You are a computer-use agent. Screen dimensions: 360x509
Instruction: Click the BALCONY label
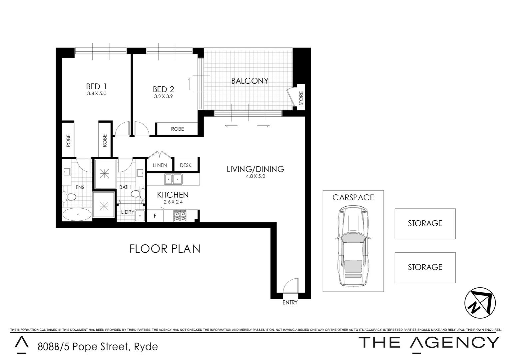(250, 81)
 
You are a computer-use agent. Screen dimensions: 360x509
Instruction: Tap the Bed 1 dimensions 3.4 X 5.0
(97, 94)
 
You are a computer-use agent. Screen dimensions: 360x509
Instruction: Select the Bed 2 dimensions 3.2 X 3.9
(163, 96)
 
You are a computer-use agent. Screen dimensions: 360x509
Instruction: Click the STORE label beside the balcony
(301, 99)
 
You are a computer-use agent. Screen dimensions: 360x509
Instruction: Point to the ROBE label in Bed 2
(177, 129)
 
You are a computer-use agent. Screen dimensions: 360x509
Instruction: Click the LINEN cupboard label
(160, 165)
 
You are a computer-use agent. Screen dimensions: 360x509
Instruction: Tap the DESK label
(186, 165)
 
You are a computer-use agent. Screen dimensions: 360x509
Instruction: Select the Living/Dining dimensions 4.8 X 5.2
(255, 177)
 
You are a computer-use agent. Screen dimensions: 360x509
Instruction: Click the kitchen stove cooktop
(181, 216)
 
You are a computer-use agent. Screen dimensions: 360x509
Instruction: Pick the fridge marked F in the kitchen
(155, 216)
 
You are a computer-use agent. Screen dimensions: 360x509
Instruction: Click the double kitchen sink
(173, 179)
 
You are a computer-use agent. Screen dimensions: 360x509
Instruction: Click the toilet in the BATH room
(137, 194)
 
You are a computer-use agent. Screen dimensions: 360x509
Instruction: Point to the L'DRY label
(127, 212)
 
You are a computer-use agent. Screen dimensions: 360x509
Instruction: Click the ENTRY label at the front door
(289, 303)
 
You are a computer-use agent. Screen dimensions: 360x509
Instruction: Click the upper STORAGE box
(425, 224)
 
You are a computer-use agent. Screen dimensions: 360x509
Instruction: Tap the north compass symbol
(480, 303)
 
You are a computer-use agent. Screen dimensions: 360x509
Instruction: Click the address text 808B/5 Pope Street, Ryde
(97, 347)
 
